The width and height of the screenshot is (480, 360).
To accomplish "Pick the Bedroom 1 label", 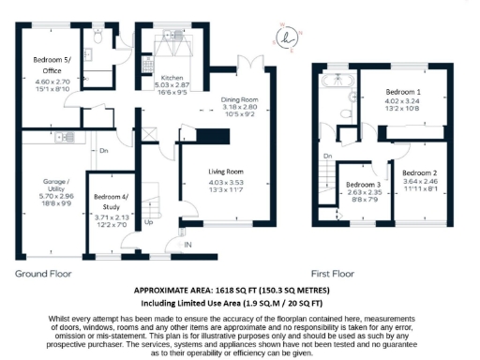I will pyautogui.click(x=404, y=92).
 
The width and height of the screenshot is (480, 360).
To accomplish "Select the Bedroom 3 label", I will pyautogui.click(x=360, y=185).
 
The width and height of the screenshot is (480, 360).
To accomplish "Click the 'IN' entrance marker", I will pyautogui.click(x=187, y=246).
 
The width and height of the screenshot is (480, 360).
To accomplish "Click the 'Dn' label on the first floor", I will pyautogui.click(x=327, y=156).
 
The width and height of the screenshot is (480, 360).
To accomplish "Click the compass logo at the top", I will pyautogui.click(x=287, y=37).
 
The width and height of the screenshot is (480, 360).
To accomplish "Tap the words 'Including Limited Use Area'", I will pyautogui.click(x=195, y=304).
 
